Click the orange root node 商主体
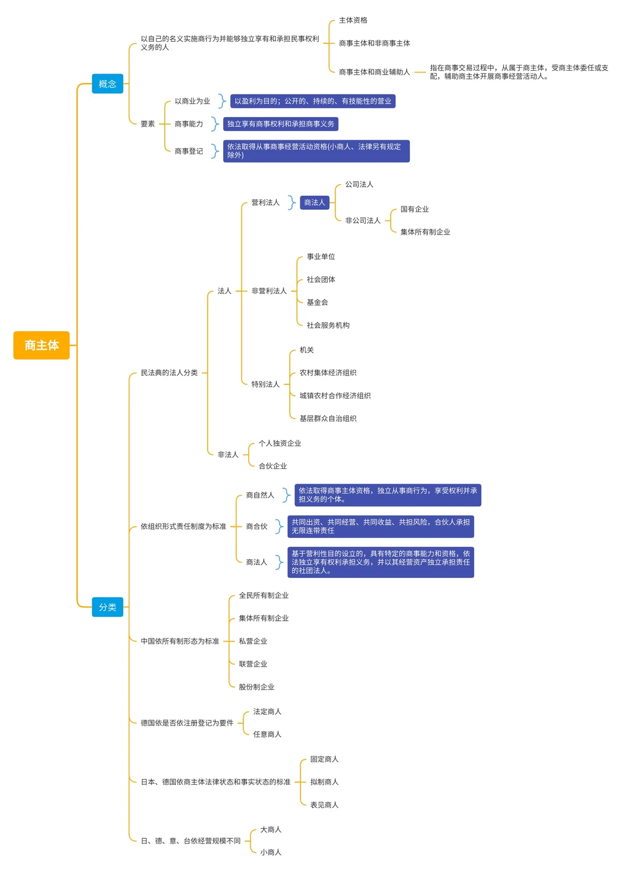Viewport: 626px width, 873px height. [41, 345]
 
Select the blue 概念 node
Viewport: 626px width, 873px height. [107, 84]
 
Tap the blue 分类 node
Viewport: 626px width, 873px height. [107, 607]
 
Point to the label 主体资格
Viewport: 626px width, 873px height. [353, 20]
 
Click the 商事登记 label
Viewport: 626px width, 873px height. [189, 151]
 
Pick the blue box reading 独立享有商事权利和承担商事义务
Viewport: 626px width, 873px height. [281, 124]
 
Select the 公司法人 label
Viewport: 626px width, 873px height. [359, 184]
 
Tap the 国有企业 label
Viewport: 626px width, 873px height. [414, 209]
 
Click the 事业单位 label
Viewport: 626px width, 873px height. [321, 257]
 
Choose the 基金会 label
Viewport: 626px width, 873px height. [317, 303]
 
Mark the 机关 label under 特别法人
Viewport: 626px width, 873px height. [307, 350]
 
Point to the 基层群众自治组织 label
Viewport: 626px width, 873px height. [327, 419]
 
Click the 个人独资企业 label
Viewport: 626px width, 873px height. [279, 443]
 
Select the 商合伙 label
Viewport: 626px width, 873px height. [257, 526]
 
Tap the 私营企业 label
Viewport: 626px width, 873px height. [253, 641]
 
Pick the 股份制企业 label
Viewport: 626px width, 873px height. [256, 687]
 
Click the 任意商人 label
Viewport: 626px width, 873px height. [267, 734]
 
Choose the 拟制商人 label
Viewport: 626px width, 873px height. [324, 782]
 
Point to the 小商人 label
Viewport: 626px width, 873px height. [271, 852]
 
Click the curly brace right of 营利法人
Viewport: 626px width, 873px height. [292, 202]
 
